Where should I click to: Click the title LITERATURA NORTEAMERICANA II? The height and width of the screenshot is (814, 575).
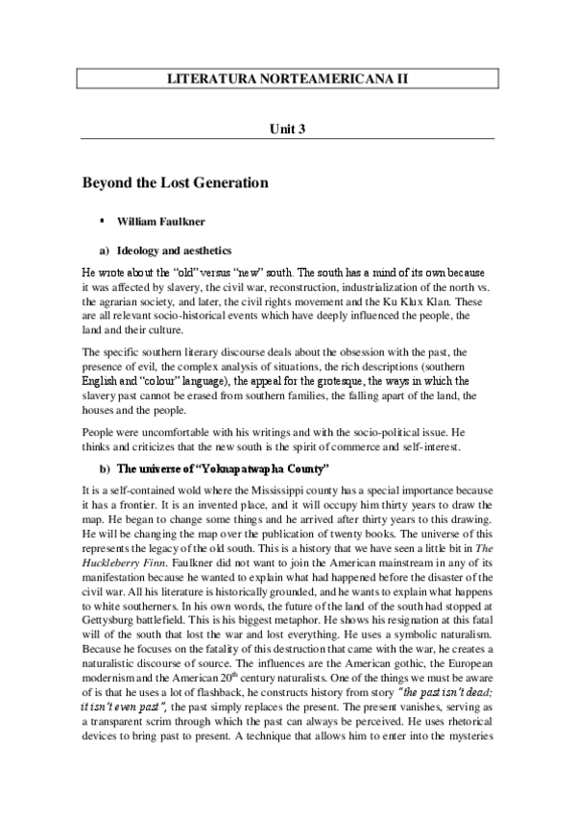287,79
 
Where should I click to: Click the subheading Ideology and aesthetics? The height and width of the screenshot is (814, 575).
172,250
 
